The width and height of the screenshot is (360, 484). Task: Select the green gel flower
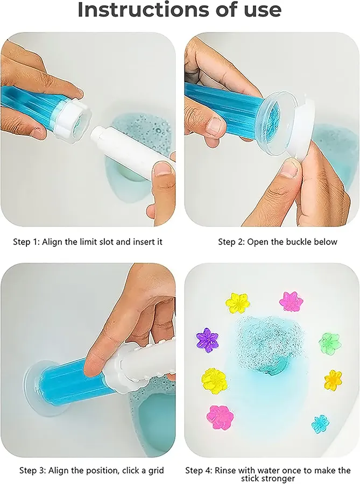(x=329, y=341)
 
